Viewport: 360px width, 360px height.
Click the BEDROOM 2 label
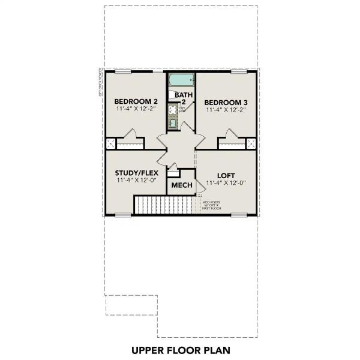point(136,101)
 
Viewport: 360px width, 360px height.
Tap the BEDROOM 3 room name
point(225,102)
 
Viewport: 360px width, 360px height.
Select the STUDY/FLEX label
point(136,173)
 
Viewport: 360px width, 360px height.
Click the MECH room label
point(182,185)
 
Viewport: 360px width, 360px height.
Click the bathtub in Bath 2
point(181,80)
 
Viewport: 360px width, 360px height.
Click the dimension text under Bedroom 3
point(225,110)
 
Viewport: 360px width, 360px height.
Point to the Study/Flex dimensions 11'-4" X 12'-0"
point(136,181)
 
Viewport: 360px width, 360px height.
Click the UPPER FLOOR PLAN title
point(180,349)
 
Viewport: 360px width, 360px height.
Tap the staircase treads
point(165,207)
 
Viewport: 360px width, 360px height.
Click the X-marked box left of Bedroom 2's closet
point(110,144)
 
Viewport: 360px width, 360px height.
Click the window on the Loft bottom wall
point(239,215)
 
